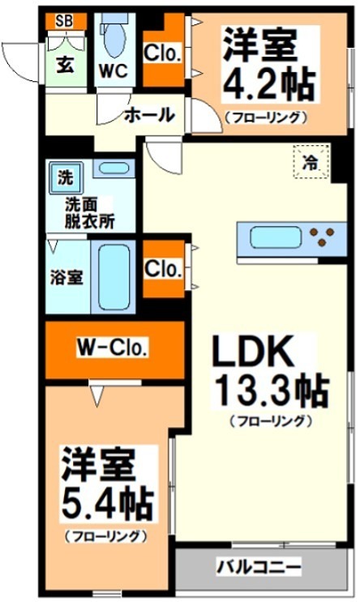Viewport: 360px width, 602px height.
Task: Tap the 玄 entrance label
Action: [x=65, y=65]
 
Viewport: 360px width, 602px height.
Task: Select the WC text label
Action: [x=113, y=70]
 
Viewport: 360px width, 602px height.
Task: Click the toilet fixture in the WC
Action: [x=113, y=36]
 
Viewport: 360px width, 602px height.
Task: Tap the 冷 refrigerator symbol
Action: [x=311, y=162]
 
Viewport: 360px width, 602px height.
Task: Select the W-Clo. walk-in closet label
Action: [x=112, y=348]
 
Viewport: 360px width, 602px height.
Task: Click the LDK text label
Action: [x=251, y=353]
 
